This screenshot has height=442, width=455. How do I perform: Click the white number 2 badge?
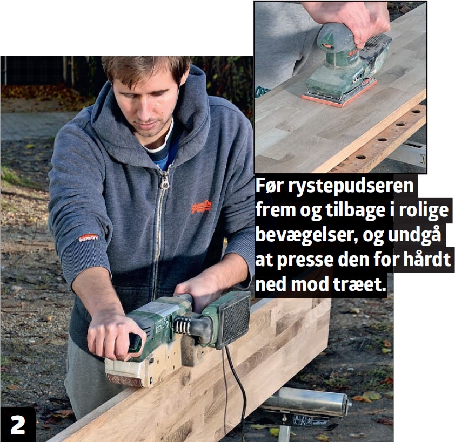(18, 425)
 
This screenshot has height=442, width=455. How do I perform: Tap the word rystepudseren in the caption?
(351, 187)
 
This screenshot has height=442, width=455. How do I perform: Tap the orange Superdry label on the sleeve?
(88, 238)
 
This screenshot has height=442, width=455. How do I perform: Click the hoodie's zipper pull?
(164, 182)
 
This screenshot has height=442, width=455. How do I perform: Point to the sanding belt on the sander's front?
(124, 380)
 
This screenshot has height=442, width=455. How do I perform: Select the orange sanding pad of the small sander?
(339, 93)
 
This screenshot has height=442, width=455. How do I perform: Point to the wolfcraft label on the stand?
(319, 423)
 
